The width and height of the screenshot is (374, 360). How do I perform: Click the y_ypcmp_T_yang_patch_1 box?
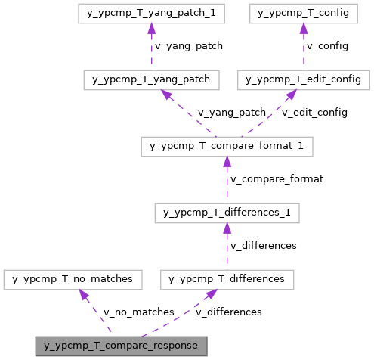[x=151, y=13]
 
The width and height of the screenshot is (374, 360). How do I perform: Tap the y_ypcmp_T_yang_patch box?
[x=151, y=79]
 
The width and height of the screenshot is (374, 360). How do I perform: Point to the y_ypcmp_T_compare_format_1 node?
[x=227, y=146]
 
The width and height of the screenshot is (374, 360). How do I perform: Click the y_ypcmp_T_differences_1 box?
[x=227, y=213]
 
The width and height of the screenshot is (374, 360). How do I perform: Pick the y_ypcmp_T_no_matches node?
[x=73, y=279]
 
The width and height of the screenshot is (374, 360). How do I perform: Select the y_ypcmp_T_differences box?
[x=227, y=279]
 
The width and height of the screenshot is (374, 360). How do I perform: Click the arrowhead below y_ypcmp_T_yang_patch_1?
[x=151, y=28]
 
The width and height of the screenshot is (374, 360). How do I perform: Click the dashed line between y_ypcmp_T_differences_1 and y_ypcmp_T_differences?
[x=227, y=250]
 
